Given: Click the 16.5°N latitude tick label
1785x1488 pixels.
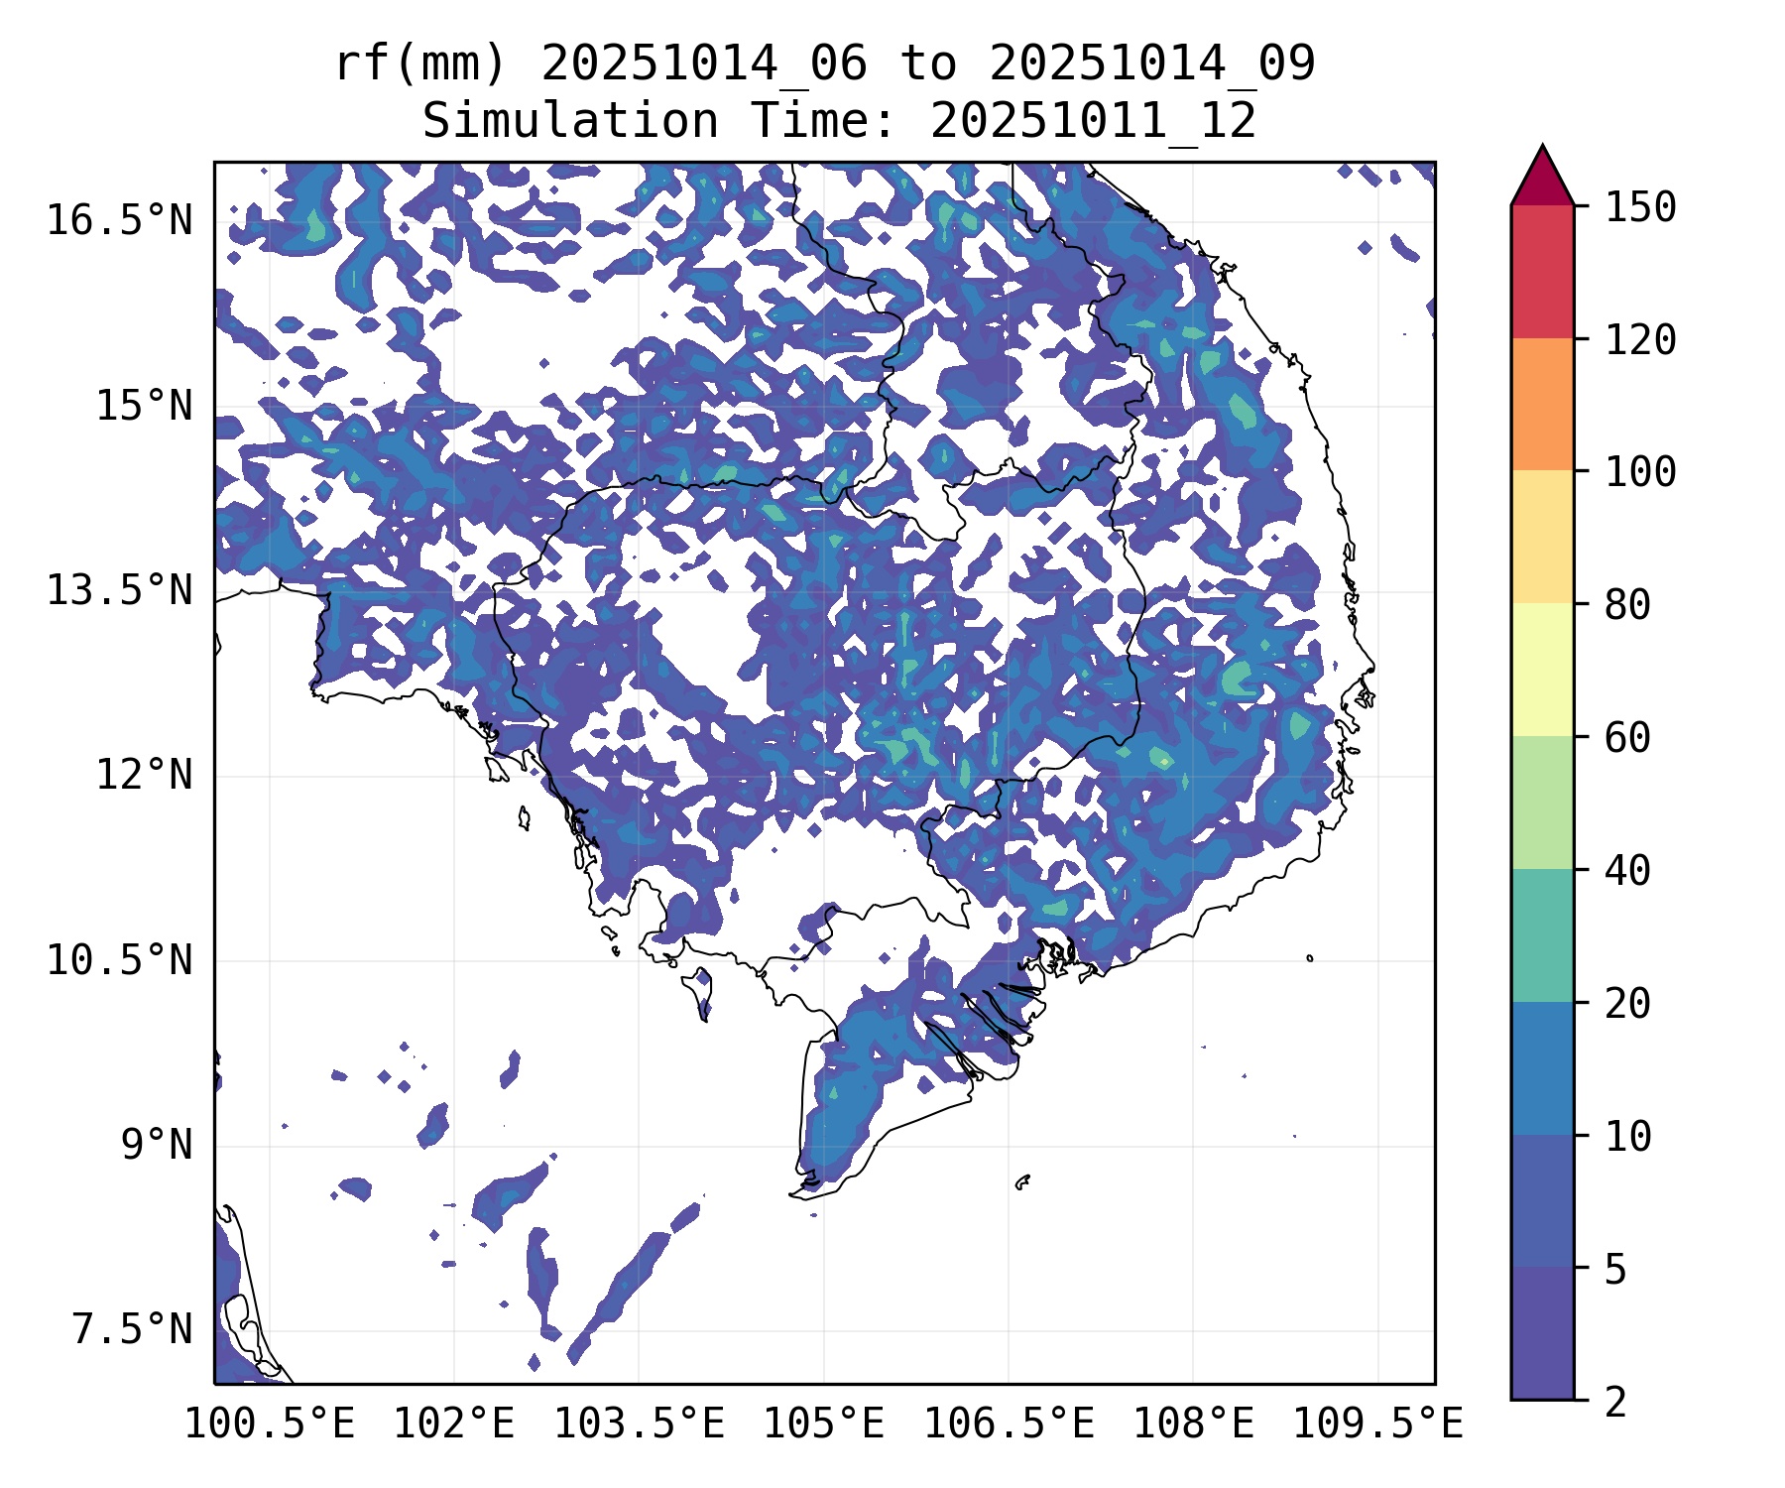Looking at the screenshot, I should [119, 220].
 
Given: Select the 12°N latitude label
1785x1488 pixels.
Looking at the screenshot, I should [144, 775].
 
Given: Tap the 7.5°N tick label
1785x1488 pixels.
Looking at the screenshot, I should [132, 1329].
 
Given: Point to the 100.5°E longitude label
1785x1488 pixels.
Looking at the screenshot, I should [270, 1425].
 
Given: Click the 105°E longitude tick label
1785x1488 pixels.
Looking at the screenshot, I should [823, 1425].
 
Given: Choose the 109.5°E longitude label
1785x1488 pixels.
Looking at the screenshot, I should [1377, 1425].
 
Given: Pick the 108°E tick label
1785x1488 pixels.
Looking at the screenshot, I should [1193, 1425].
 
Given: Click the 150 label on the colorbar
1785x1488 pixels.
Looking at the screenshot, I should [1641, 207].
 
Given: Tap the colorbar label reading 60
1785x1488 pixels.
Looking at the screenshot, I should [1627, 738].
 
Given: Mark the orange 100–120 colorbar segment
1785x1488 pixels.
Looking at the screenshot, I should [1542, 404].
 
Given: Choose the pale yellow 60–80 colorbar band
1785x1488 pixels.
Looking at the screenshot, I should [1542, 670].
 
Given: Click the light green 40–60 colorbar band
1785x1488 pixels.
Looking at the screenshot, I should [1542, 803].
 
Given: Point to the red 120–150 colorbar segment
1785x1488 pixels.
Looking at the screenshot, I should [1542, 272].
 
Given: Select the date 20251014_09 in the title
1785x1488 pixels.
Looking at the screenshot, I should [1152, 64].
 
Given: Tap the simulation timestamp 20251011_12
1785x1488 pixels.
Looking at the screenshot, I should [1093, 122].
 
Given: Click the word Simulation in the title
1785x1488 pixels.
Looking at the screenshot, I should [570, 122].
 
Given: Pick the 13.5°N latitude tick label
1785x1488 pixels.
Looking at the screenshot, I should [119, 591].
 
